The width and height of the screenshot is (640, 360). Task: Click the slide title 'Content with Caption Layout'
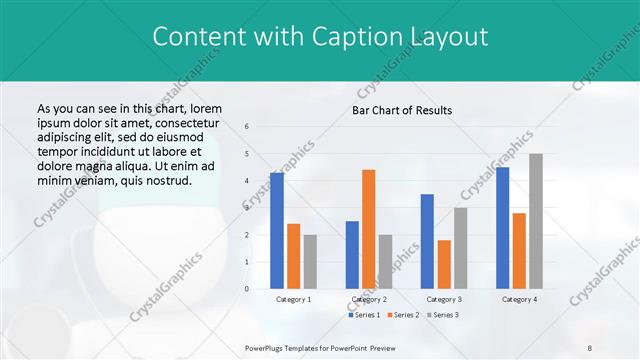(320, 37)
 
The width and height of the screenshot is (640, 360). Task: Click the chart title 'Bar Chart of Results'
(402, 110)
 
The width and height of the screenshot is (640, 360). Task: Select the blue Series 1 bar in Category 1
(276, 231)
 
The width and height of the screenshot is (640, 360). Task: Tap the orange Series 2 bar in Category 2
(368, 229)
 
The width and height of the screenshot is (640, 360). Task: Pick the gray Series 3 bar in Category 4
(536, 221)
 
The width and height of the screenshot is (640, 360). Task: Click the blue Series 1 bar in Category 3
(427, 241)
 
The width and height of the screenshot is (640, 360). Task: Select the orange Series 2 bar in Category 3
(444, 264)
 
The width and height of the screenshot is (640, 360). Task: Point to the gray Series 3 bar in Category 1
(310, 262)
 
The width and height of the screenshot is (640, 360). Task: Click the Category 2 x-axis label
(368, 299)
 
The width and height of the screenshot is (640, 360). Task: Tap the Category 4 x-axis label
(519, 299)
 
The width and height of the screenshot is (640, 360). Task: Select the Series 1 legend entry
(365, 315)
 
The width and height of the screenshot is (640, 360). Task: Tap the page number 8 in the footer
(590, 348)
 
